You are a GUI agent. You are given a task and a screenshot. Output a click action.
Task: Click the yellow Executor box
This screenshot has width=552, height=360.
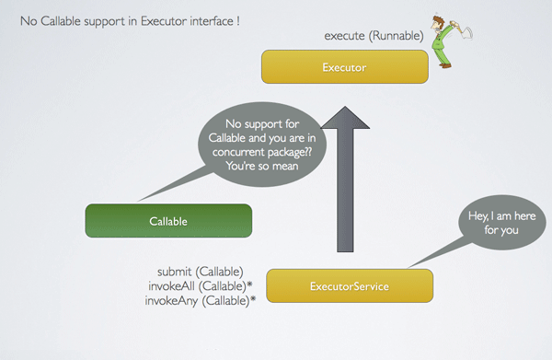click(345, 67)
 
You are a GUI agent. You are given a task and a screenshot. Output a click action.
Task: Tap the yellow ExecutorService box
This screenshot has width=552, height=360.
click(349, 286)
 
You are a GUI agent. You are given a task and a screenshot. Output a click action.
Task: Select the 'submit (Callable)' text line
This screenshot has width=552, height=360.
click(201, 272)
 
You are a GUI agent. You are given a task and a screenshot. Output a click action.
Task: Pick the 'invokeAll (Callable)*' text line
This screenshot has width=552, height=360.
click(200, 286)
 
